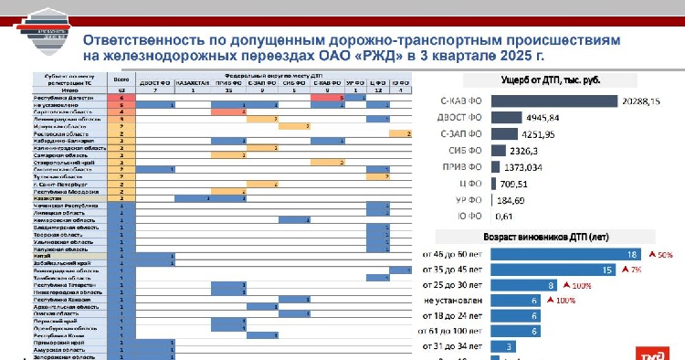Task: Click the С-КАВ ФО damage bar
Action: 553,101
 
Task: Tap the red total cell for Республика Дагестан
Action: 121,97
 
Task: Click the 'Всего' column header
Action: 121,79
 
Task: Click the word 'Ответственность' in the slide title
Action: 145,41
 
